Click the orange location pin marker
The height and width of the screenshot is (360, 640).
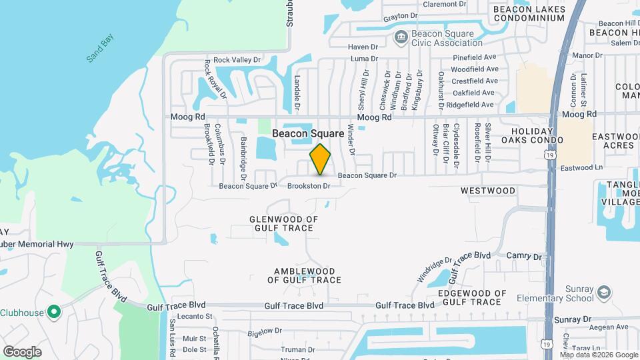(320, 159)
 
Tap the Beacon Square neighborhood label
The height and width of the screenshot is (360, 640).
(308, 133)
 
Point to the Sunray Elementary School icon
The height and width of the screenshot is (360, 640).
(603, 293)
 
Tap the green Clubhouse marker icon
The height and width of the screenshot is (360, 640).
(55, 311)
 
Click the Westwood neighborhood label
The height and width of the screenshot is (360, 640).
(488, 191)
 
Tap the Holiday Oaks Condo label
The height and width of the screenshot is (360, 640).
(533, 135)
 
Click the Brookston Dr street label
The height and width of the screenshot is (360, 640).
(309, 186)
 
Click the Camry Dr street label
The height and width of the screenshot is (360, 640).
(524, 256)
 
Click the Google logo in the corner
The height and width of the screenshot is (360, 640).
(22, 352)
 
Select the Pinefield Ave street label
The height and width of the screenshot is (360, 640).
(475, 57)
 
